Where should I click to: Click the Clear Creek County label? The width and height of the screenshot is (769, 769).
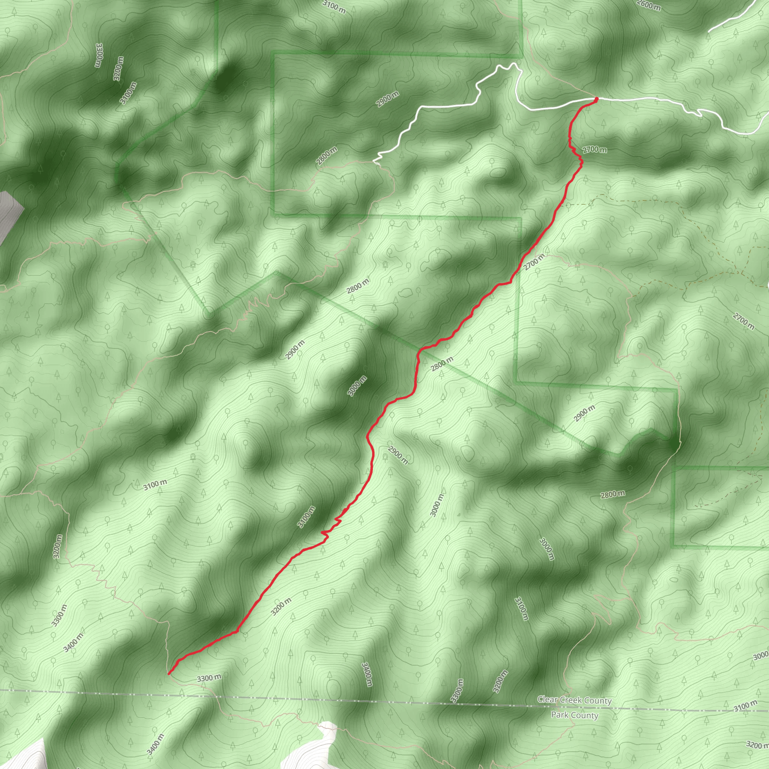click(574, 700)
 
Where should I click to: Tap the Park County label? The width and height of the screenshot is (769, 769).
click(574, 715)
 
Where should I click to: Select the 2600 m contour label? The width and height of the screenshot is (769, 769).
click(648, 6)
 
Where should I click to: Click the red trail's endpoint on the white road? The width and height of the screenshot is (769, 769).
click(596, 98)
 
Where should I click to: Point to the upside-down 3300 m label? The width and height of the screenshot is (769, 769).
click(99, 55)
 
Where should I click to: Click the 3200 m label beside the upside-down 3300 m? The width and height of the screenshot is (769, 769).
click(118, 68)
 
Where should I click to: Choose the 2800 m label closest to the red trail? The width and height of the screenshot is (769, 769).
click(442, 364)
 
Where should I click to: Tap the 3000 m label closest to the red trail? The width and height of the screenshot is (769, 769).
click(357, 386)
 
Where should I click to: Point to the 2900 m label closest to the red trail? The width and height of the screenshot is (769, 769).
click(398, 455)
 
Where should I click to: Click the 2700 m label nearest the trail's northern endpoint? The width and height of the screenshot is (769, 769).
click(595, 150)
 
